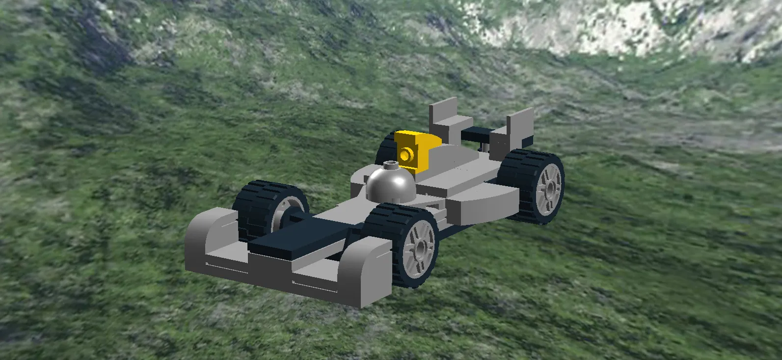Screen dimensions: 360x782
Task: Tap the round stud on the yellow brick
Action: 405,156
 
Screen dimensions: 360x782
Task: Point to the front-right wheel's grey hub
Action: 420,246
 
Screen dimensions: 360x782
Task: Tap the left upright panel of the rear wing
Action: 443,118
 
